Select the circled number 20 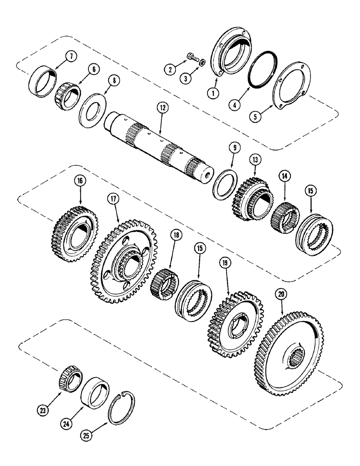280,295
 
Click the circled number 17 113,199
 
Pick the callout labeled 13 255,159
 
